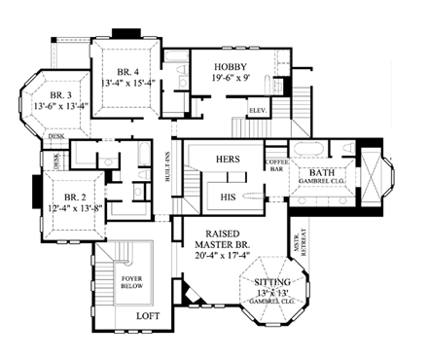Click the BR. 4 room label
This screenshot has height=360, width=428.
coord(126,72)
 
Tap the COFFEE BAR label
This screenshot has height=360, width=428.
coord(275,165)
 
